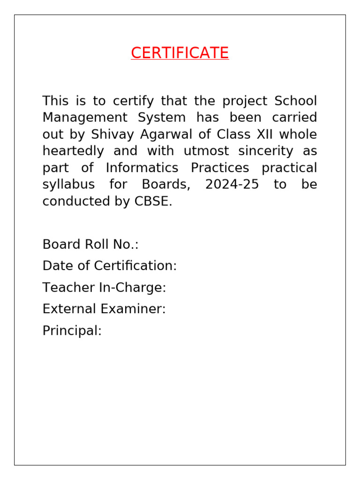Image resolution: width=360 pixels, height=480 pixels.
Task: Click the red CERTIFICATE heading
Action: [x=180, y=53]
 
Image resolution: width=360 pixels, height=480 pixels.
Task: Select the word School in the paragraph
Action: [x=295, y=101]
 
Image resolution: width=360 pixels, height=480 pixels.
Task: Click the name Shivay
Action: [x=112, y=135]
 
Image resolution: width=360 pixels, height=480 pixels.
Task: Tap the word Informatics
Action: [x=142, y=168]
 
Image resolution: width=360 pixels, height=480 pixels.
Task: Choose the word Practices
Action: [x=220, y=168]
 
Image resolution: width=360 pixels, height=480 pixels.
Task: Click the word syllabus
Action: [x=68, y=184]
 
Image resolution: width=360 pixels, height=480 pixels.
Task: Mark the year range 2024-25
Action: [x=232, y=184]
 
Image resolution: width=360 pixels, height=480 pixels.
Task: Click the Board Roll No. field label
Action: [x=90, y=244]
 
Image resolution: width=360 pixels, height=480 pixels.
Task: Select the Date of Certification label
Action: [x=110, y=266]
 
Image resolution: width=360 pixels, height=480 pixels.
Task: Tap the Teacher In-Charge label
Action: [x=104, y=287]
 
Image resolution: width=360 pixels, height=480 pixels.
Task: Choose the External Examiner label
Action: [x=104, y=309]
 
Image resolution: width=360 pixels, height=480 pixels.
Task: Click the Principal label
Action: [x=72, y=330]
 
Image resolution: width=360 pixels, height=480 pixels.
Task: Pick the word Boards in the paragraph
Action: [x=166, y=184]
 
